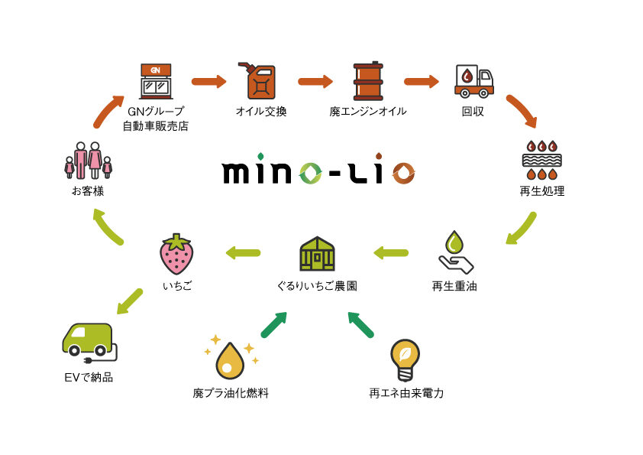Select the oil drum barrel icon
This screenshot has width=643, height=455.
[367, 80]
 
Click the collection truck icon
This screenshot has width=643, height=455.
[473, 80]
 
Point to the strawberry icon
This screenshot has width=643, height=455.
[176, 254]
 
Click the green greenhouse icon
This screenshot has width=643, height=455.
[317, 253]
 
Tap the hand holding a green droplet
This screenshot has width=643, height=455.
[454, 253]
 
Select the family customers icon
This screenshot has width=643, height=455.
[88, 161]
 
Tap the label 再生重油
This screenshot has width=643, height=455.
[454, 287]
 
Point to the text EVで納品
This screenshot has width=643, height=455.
[89, 377]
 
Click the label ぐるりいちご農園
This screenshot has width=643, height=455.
[317, 287]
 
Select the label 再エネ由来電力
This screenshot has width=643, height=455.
[406, 394]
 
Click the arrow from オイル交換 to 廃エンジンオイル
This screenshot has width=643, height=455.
[315, 81]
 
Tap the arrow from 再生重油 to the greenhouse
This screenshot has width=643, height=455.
[390, 252]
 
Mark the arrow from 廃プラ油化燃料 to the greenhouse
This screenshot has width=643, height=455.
[273, 324]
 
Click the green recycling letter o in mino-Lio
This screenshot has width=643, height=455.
[311, 172]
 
